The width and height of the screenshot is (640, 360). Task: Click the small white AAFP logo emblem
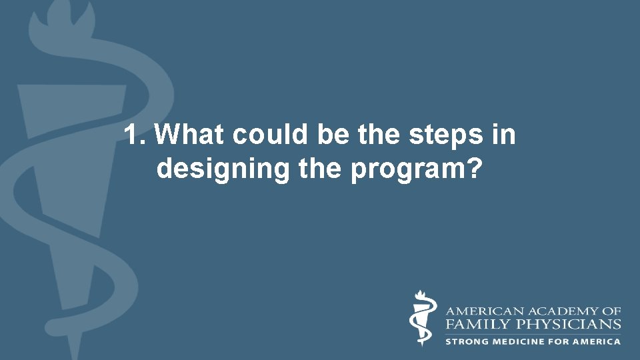(x=421, y=319)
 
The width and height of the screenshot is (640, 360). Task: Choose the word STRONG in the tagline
(x=467, y=341)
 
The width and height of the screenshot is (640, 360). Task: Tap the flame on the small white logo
(x=420, y=295)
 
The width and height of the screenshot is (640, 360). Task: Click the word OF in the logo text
(x=613, y=311)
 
